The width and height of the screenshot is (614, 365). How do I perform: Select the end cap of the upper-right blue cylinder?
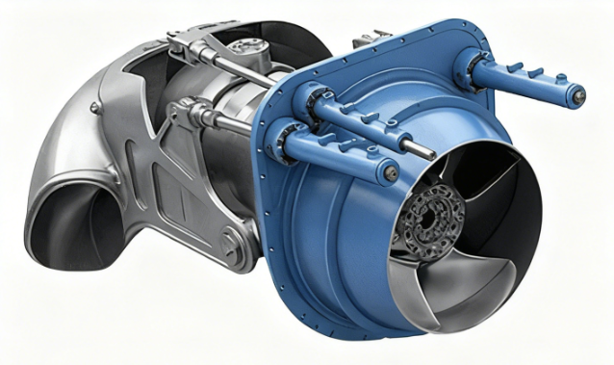[x=576, y=94]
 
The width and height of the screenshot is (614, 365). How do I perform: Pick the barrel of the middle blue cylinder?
[x=361, y=119]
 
